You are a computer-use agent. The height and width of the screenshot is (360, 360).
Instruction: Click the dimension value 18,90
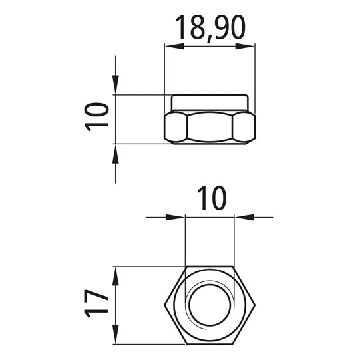(210, 27)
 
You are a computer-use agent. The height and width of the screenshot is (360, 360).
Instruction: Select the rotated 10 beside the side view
(97, 118)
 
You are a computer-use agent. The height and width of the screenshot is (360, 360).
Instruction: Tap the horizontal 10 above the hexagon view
(212, 198)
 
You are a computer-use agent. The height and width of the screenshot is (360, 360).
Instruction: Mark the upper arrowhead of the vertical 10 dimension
(116, 86)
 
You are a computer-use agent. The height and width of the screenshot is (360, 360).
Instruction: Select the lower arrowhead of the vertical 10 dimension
(116, 152)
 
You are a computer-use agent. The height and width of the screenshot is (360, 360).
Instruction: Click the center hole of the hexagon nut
(210, 305)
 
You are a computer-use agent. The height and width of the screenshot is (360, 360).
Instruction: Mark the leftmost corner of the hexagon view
(164, 305)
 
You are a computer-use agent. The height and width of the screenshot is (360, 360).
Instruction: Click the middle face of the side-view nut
(210, 126)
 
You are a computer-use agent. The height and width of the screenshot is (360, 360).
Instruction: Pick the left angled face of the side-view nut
(175, 126)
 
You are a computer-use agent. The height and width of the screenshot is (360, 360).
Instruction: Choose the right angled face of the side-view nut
(244, 126)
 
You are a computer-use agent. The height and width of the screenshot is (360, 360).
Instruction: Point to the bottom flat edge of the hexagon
(210, 344)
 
